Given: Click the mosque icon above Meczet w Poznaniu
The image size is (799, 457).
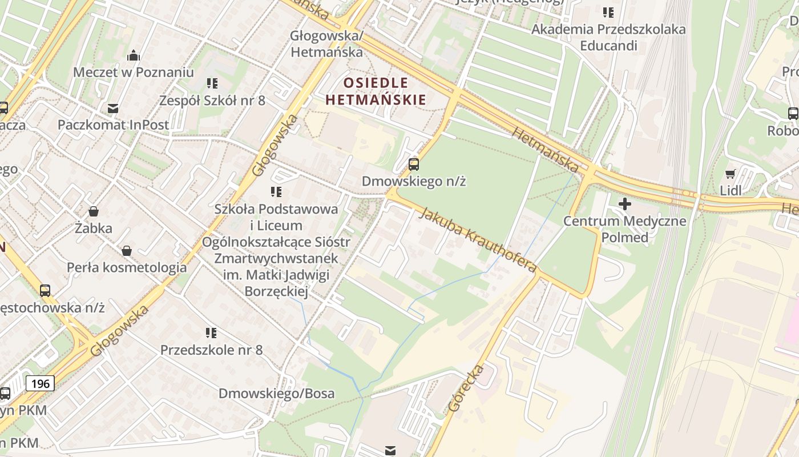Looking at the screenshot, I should point(134,55).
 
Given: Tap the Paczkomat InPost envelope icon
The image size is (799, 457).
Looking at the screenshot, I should point(113,108).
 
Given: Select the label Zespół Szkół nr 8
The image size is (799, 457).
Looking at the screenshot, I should point(212,101).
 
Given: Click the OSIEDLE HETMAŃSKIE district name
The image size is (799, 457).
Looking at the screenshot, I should point(376,91).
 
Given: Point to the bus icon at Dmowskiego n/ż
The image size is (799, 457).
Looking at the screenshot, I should point(414,165).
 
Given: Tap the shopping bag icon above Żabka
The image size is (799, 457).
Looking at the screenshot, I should point(94,211).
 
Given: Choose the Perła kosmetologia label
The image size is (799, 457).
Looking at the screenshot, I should point(127,267).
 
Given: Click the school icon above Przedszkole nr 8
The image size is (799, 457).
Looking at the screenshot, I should point(211,332).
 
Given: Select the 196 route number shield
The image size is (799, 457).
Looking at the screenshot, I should point(40,383).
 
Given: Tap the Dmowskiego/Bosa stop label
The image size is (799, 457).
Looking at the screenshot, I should point(276,394).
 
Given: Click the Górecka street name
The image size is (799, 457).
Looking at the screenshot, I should point(466,388).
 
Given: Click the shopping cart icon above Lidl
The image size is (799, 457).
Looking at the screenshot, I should point(730,174).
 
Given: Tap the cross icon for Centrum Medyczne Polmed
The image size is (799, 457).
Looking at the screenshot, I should point(625,203).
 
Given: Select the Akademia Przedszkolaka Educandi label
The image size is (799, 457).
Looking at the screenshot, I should point(608,37).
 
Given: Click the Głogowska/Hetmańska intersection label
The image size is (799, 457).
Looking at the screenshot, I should point(326,43).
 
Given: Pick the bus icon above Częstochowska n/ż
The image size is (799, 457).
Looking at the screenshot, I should point(45,290).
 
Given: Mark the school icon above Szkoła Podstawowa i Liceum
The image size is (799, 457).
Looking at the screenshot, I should point(276,191).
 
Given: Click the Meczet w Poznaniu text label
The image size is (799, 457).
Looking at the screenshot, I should point(134,73).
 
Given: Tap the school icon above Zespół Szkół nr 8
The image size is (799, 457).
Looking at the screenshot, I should point(212,83).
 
